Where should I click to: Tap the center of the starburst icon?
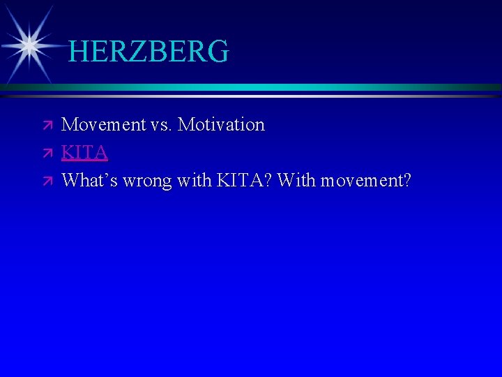pos(29,46)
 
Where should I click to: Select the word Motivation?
pos(222,125)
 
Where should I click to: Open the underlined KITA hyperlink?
pos(84,153)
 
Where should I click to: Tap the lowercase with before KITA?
pos(195,181)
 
